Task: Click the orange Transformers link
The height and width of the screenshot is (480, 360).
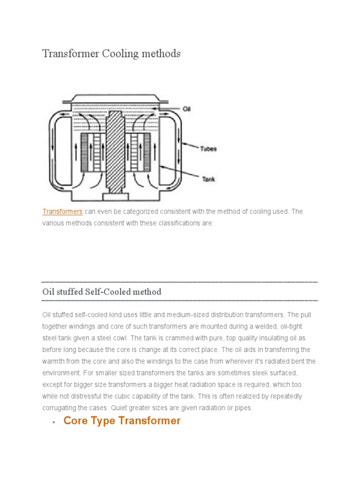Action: click(62, 211)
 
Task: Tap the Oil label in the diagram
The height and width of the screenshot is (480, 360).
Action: click(187, 109)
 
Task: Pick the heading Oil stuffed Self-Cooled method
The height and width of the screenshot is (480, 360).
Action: click(102, 292)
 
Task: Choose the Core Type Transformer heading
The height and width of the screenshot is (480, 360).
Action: click(122, 420)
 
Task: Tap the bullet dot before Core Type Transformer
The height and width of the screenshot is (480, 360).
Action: click(54, 421)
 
